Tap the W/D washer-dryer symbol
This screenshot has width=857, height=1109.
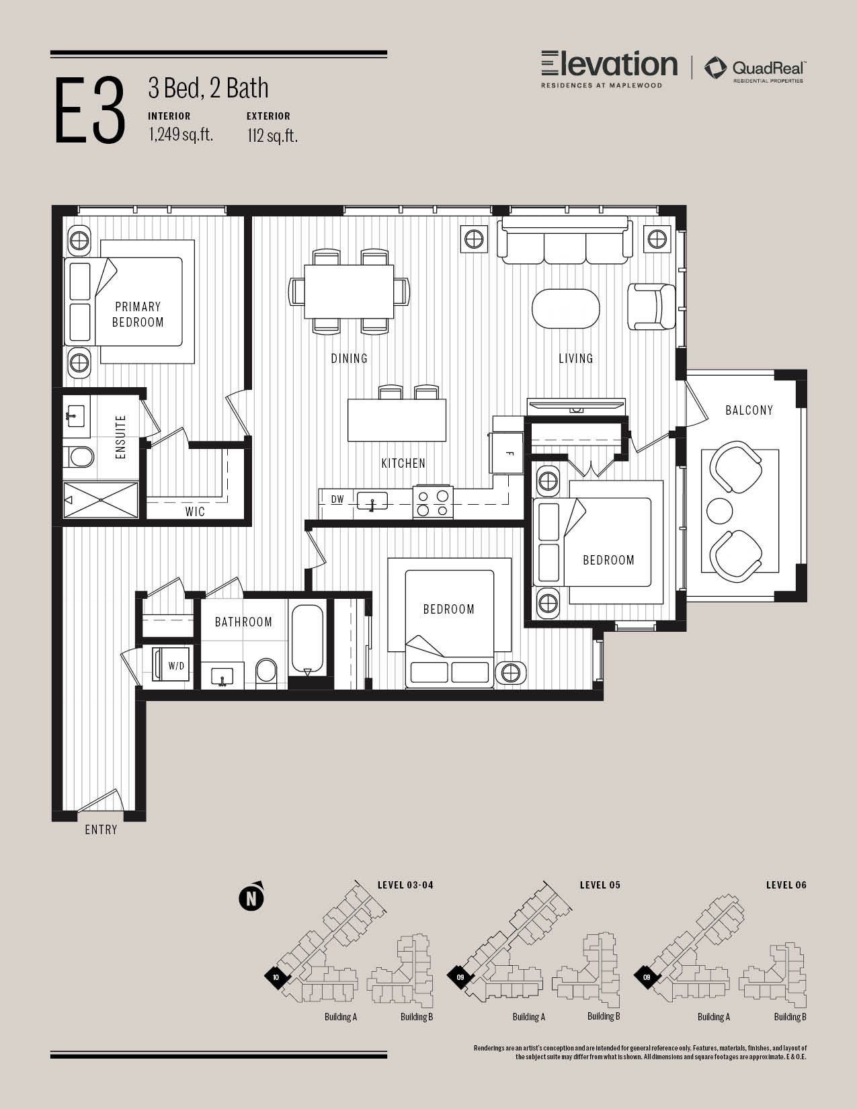[x=173, y=663]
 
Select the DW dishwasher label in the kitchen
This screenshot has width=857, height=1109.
[x=337, y=499]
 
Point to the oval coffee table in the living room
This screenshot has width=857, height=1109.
[x=565, y=309]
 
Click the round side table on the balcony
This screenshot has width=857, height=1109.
[x=720, y=511]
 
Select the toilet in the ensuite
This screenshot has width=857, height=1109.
[x=79, y=457]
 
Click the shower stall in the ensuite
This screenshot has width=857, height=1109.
[x=101, y=499]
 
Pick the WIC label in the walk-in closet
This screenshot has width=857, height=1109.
[x=195, y=512]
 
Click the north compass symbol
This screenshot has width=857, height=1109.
[x=251, y=897]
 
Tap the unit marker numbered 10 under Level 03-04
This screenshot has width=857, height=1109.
[x=276, y=977]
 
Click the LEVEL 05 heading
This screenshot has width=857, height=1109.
[x=600, y=885]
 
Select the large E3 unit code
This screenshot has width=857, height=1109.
[x=90, y=110]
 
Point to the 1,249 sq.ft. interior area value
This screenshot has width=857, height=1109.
[x=181, y=134]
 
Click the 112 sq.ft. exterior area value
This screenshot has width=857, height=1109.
[x=273, y=136]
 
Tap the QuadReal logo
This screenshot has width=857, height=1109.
[x=754, y=69]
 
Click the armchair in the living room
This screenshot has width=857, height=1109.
[x=651, y=306]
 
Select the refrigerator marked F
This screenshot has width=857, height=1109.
[x=506, y=453]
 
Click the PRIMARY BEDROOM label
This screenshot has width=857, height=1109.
[x=138, y=315]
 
